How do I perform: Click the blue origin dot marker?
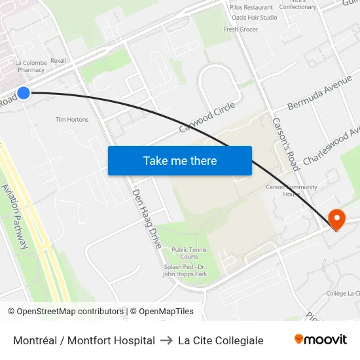coord(24,93)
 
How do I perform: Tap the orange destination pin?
coord(336,219)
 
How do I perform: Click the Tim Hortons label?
coord(72,120)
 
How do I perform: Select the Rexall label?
coord(58,61)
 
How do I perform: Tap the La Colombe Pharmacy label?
coord(31,66)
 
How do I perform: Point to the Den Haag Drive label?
coord(147,219)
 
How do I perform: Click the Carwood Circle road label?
coord(207,117)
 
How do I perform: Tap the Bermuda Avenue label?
coord(320,95)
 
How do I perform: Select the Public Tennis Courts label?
coord(185,253)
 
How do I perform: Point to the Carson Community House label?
coord(283,190)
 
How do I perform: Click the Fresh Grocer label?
coord(241,29)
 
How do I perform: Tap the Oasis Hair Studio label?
coord(254,18)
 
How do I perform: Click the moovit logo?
coord(320,340)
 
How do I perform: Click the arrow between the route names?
coord(166,340)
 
